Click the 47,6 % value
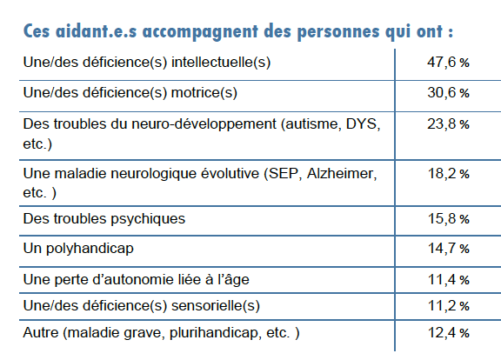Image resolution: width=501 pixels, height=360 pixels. [x=448, y=62]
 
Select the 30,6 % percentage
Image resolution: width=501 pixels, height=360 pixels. [x=448, y=93]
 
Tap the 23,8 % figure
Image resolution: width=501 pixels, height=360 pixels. [x=448, y=124]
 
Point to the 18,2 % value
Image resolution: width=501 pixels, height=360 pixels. [x=448, y=173]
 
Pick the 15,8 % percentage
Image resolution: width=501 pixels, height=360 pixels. [x=448, y=219]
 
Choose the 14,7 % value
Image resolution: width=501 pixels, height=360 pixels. [x=448, y=248]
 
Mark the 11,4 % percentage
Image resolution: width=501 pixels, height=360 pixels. [x=448, y=280]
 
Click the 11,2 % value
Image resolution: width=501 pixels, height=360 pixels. [x=448, y=306]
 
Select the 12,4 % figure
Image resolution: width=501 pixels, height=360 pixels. [x=448, y=333]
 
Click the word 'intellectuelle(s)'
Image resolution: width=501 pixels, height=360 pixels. [x=221, y=63]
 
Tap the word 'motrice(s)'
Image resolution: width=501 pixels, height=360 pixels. [x=204, y=93]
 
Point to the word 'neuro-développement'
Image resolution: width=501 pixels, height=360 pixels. [x=204, y=124]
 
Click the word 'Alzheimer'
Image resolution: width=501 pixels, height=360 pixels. [x=342, y=174]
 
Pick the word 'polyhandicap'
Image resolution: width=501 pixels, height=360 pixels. [x=90, y=249]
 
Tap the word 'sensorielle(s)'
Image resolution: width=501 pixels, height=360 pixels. [x=216, y=306]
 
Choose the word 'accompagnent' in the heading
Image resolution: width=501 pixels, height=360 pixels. [x=200, y=32]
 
